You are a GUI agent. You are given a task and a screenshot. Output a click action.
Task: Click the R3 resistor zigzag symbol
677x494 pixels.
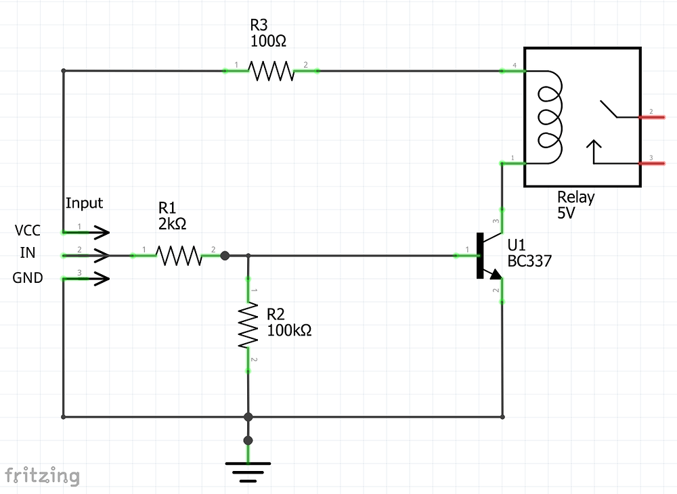[271, 70]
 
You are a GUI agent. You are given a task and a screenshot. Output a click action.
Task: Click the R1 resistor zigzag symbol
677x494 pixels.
[179, 255]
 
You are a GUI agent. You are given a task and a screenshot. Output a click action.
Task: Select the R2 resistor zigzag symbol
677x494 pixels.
[248, 325]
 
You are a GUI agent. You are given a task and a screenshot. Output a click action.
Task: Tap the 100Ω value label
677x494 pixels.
[268, 41]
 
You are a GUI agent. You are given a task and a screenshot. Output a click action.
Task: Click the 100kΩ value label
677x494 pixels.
[289, 331]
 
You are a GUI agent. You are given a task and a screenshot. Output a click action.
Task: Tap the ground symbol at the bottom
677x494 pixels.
[248, 471]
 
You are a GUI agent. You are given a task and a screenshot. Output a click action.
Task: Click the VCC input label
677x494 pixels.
[28, 231]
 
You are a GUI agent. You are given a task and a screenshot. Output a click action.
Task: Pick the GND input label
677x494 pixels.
[28, 277]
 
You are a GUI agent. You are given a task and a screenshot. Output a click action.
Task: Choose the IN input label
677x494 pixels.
[28, 253]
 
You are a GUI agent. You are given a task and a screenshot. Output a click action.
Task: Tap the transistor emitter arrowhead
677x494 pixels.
[496, 274]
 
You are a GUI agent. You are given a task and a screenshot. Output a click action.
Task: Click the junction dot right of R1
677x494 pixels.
[225, 255]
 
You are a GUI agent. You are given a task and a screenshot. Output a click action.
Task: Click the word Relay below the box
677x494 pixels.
[575, 197]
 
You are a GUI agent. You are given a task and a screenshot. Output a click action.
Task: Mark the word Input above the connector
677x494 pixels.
[84, 203]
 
